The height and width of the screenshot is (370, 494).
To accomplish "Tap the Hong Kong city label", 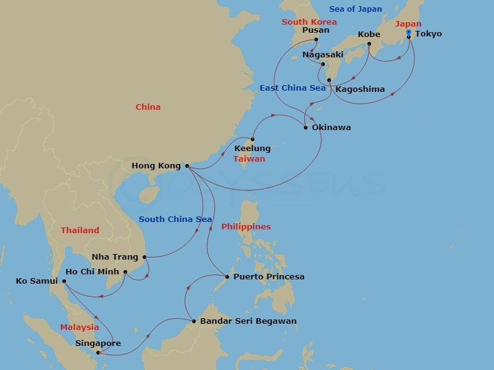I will coord(156,166).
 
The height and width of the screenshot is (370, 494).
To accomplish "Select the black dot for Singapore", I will coord(98,353).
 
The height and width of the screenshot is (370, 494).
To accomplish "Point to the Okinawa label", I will coord(331,128).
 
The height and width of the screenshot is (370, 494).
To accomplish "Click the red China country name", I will coord(148,107).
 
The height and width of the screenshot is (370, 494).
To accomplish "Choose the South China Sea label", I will coord(175,220).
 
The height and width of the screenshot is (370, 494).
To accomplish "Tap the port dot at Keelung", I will coord(252,139).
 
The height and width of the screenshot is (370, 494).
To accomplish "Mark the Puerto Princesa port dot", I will coord(227,277).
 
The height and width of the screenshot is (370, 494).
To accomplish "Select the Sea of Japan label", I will coord(355,9).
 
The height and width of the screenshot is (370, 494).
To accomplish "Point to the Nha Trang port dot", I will coord(144,257).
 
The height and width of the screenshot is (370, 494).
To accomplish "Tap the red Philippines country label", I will coord(246,227).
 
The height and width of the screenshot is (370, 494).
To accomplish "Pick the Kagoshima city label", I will coord(360,89).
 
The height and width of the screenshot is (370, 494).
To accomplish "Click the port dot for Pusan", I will coord(316,39).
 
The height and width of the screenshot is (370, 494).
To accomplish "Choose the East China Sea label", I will coord(292,88).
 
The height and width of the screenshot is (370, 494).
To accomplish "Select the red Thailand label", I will coord(80,231).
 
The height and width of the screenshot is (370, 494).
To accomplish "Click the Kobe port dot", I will coord(369,44).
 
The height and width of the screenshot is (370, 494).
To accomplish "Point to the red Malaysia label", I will coord(79,327).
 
